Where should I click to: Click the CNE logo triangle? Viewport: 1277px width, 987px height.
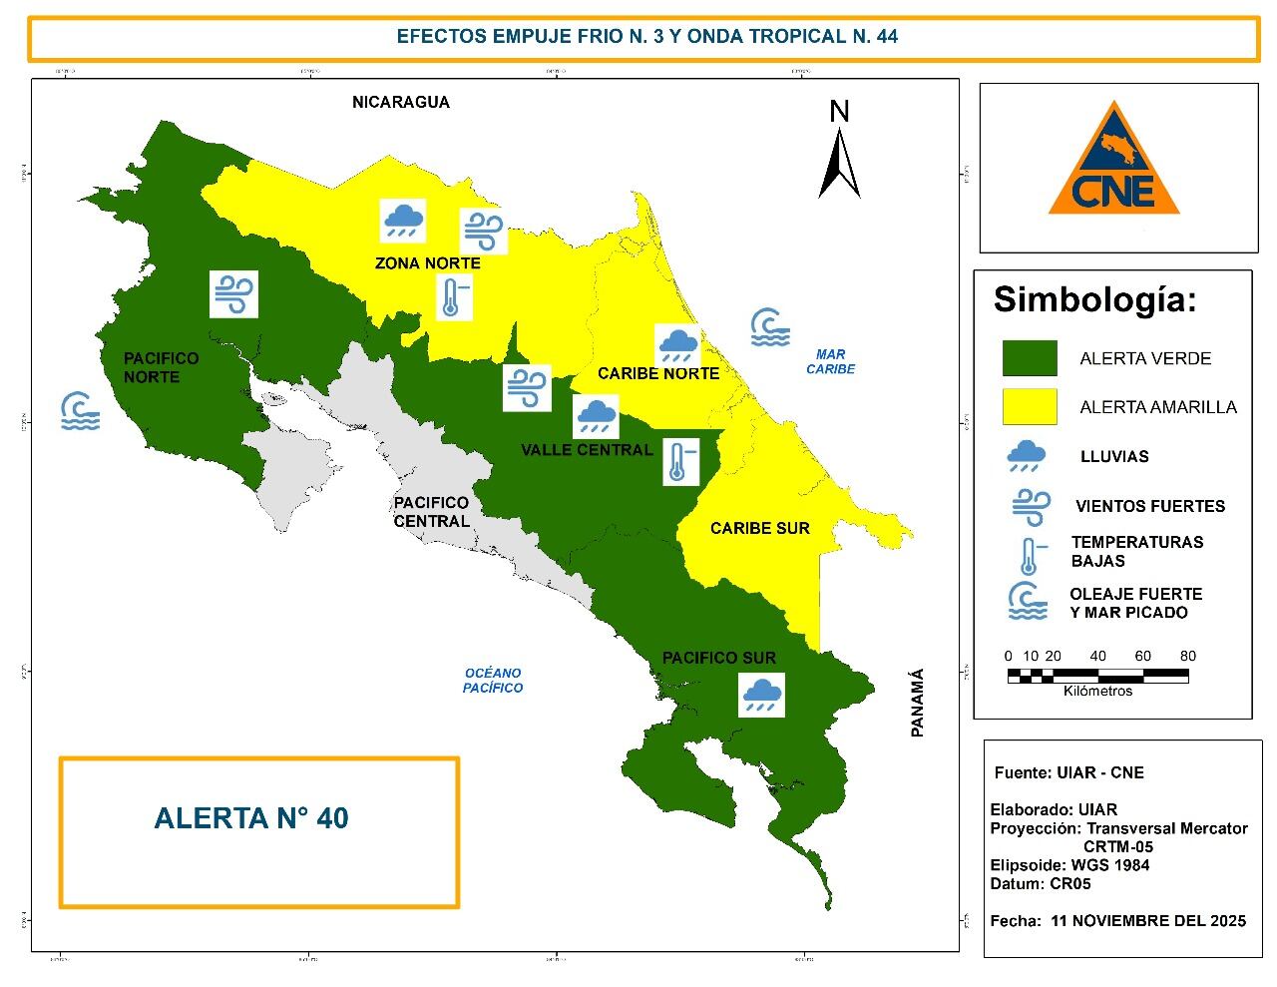tap(1113, 170)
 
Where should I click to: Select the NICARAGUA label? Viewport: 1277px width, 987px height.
tap(400, 102)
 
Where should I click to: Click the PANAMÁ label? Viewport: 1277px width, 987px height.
tap(918, 703)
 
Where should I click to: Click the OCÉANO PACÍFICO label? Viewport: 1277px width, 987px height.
tap(493, 680)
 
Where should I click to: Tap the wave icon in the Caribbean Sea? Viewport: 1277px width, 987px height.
tap(769, 327)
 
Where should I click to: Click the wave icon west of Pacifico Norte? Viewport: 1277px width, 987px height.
tap(80, 411)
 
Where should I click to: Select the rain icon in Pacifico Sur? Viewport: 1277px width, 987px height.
tap(762, 694)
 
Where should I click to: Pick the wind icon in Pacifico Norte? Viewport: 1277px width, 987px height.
tap(233, 294)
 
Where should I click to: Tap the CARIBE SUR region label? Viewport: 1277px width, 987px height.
tap(759, 528)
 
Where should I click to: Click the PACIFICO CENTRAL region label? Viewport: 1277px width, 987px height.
tap(431, 512)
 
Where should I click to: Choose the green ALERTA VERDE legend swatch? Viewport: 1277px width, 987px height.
tap(1029, 358)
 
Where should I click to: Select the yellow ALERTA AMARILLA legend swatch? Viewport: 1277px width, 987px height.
tap(1029, 406)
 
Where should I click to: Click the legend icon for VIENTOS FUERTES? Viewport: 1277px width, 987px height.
tap(1030, 507)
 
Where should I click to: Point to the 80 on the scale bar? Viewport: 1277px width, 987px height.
tap(1187, 656)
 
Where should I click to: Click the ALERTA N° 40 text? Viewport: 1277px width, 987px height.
tap(251, 818)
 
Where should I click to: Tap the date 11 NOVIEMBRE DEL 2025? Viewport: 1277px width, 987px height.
tap(1148, 920)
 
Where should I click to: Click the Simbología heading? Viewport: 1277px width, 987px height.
tap(1094, 299)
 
